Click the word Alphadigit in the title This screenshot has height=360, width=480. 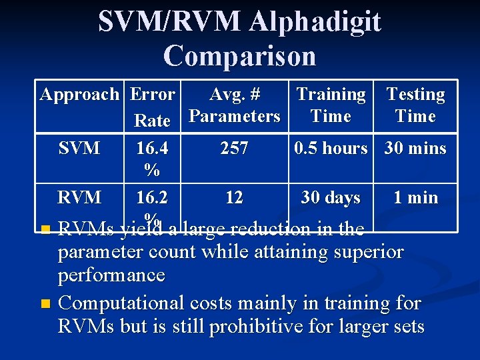(315, 22)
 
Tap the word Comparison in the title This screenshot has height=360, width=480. (239, 55)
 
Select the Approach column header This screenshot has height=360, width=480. (79, 94)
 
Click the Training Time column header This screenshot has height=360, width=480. (331, 105)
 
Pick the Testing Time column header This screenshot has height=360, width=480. (415, 105)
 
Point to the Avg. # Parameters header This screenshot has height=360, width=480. (235, 105)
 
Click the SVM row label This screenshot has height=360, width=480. (79, 148)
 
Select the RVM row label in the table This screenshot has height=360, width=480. (79, 198)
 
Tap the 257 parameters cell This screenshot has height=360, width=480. (235, 148)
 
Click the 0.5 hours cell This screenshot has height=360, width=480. (331, 148)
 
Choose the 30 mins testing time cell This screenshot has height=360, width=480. (415, 148)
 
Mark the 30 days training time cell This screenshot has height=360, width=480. (331, 198)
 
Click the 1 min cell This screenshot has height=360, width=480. (415, 198)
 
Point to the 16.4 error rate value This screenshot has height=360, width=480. (152, 148)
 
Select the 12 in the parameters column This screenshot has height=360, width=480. (235, 198)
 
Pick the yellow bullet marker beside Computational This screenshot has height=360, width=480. (45, 304)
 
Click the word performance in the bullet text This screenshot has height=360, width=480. (111, 275)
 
